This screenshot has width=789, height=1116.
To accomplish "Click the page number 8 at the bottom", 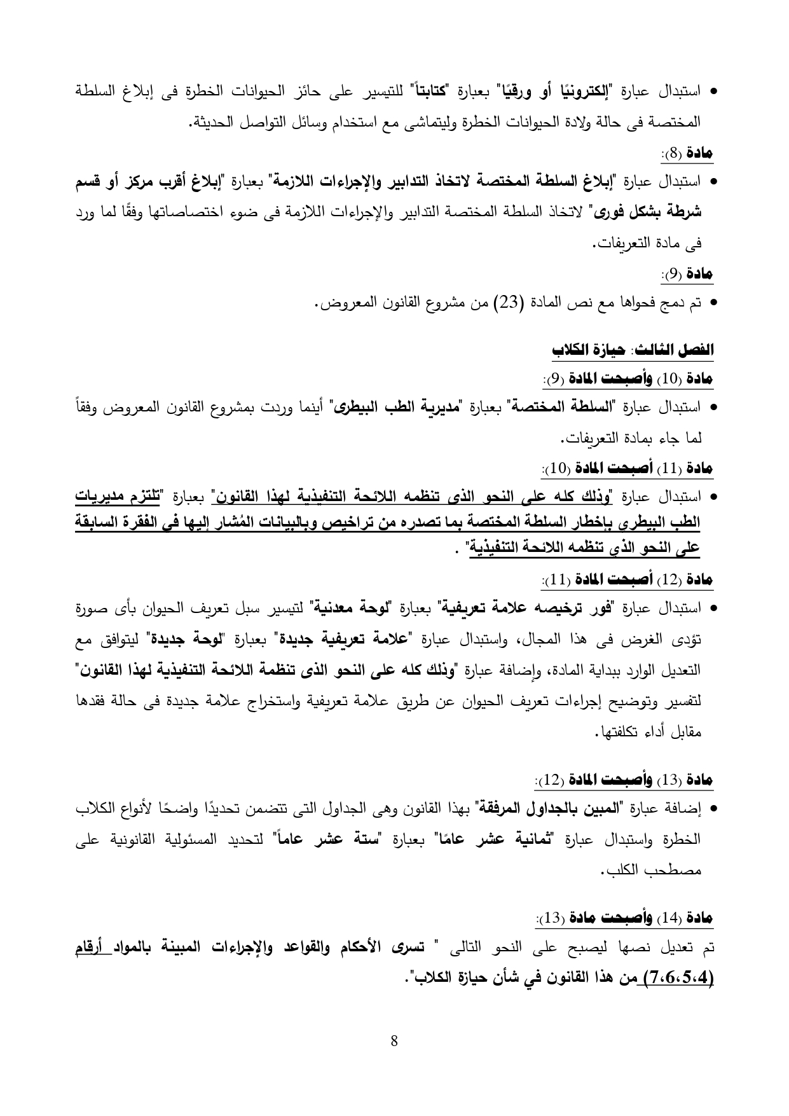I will [394, 1041].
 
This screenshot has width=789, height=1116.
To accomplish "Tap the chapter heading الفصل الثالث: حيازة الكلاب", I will [633, 350].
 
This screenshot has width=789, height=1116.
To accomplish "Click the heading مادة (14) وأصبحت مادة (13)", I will [626, 918].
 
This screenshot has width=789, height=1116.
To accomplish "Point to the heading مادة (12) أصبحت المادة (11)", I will [629, 580].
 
